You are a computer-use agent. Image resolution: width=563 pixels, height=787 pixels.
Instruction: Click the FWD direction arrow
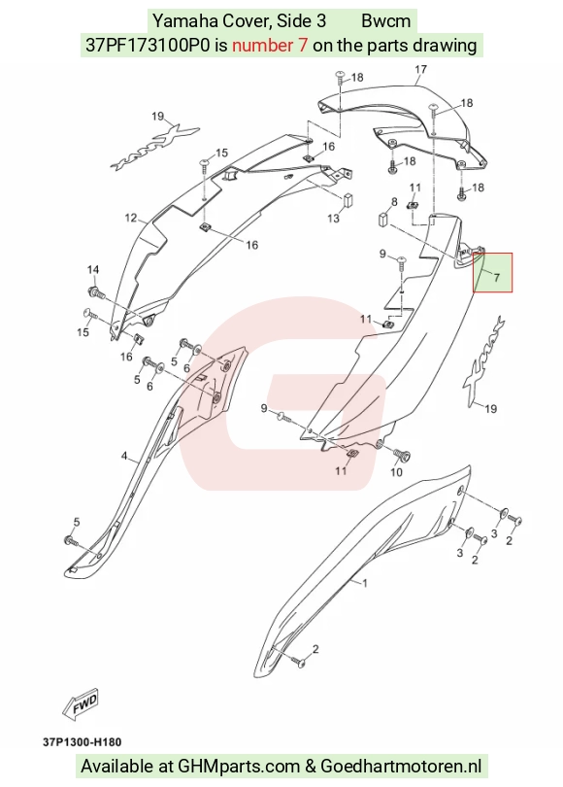pyautogui.click(x=82, y=703)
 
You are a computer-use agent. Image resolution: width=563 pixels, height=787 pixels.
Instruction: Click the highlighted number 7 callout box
pyautogui.click(x=493, y=273)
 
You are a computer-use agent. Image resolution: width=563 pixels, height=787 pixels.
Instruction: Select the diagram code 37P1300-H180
pyautogui.click(x=83, y=742)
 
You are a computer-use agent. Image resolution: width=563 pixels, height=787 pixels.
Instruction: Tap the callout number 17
pyautogui.click(x=420, y=69)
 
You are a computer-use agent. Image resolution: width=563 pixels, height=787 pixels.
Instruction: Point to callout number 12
pyautogui.click(x=131, y=218)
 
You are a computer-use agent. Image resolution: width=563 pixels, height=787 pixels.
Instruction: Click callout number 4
pyautogui.click(x=124, y=457)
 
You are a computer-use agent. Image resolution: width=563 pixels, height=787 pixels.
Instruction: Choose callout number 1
pyautogui.click(x=365, y=583)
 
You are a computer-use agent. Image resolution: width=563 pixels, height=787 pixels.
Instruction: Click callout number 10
pyautogui.click(x=396, y=472)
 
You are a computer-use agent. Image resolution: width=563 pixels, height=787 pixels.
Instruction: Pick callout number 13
pyautogui.click(x=333, y=219)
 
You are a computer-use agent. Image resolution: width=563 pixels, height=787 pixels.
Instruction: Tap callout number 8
pyautogui.click(x=394, y=202)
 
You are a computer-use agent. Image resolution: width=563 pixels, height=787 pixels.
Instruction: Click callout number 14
pyautogui.click(x=93, y=270)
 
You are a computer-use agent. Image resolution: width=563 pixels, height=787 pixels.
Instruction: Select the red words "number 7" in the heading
pyautogui.click(x=270, y=45)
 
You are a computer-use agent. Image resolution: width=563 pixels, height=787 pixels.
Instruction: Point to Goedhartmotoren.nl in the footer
pyautogui.click(x=401, y=767)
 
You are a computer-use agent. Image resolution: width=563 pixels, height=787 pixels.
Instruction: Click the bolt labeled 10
pyautogui.click(x=402, y=456)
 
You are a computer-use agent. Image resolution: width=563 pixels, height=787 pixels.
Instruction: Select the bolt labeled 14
pyautogui.click(x=95, y=291)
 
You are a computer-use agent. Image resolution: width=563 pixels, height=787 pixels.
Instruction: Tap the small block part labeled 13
pyautogui.click(x=348, y=199)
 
